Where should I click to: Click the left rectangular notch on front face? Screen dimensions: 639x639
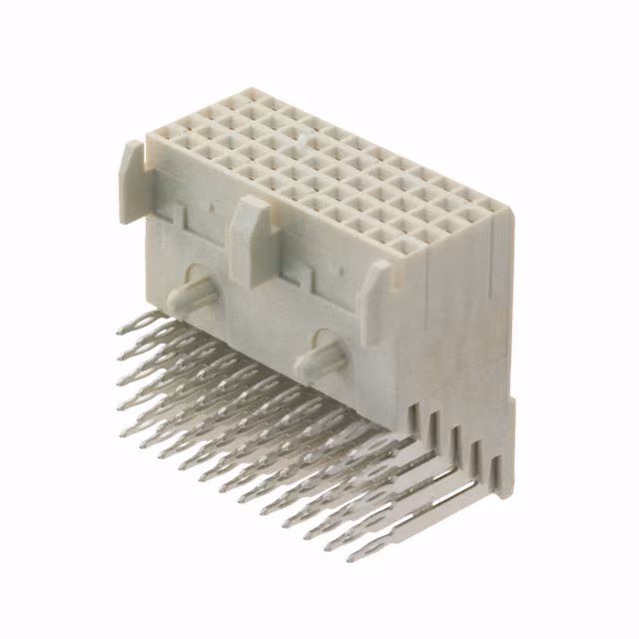tap(181, 212)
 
